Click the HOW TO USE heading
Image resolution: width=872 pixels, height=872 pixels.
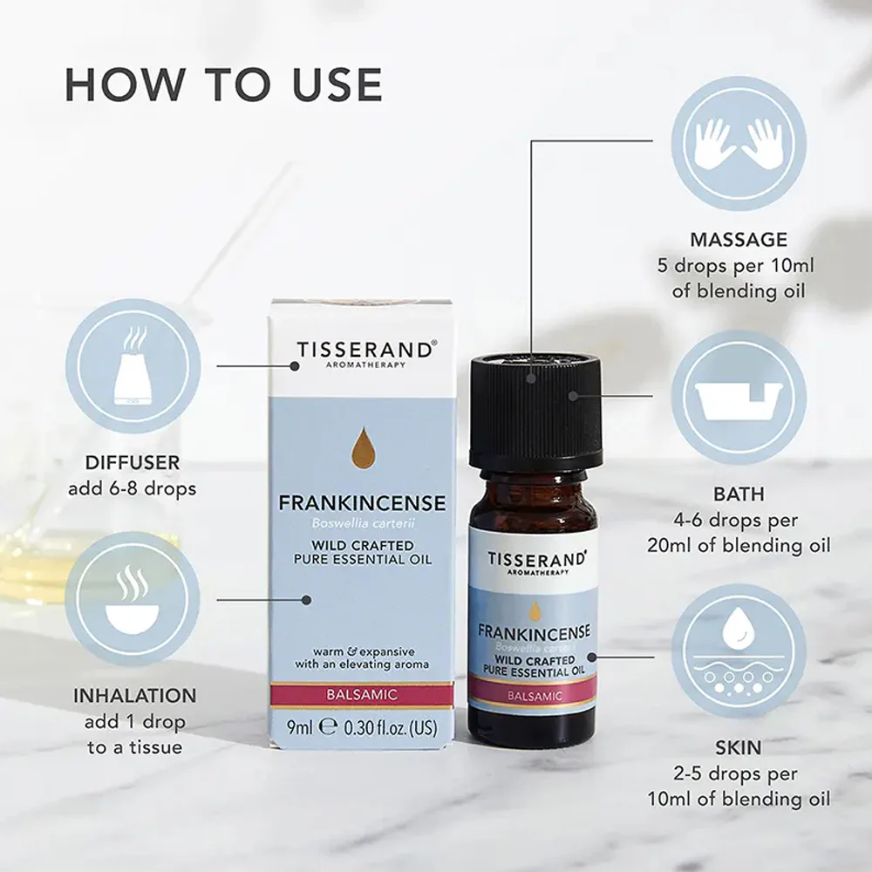[223, 85]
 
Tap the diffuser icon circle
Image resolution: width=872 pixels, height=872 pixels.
[133, 366]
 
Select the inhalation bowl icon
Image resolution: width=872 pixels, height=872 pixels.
[133, 600]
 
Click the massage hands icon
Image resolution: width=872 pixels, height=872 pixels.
[739, 143]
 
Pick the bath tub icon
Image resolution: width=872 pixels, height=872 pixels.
[739, 397]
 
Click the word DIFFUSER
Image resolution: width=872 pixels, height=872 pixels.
[133, 462]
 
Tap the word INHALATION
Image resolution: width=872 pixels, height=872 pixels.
[134, 695]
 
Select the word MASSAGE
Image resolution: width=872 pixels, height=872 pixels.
[739, 239]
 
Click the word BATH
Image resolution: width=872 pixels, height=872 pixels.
[739, 494]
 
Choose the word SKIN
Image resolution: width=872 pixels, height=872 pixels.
[739, 747]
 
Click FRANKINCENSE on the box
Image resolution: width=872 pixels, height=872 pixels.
[362, 503]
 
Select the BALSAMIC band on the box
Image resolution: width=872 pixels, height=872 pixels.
[362, 695]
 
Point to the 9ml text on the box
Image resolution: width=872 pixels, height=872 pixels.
[300, 727]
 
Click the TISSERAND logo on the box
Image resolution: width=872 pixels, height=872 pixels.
[365, 351]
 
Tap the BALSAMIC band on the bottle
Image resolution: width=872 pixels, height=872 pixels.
[534, 694]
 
